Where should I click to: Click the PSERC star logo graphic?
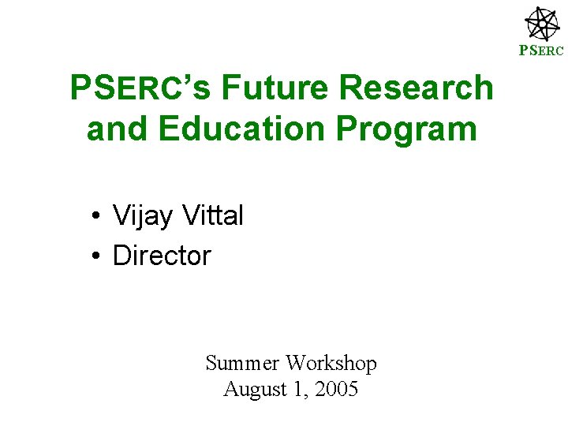pos(542,24)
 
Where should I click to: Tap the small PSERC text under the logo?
pos(541,52)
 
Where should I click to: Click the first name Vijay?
pos(143,215)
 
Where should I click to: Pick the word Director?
pos(162,256)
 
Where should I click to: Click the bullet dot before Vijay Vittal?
pos(94,216)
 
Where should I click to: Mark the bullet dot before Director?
pos(94,256)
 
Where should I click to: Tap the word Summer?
pos(242,363)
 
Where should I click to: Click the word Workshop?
pos(331,364)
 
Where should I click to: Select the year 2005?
pos(336,389)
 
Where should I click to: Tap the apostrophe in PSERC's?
pos(187,78)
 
